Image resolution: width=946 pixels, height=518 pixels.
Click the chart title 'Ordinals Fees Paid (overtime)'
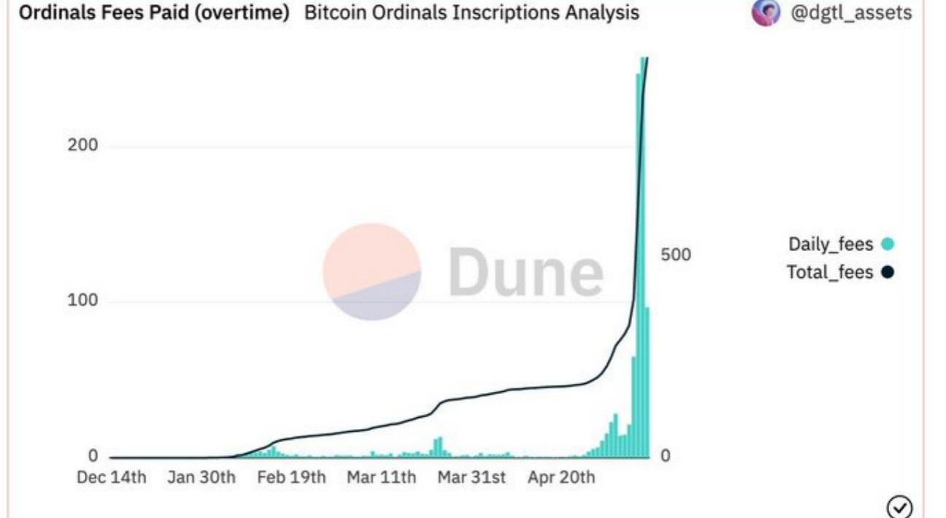(154, 12)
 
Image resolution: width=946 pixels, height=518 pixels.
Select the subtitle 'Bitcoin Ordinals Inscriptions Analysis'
(472, 12)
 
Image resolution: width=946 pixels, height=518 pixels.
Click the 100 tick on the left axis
(82, 301)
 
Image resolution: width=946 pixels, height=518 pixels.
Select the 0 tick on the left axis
(93, 456)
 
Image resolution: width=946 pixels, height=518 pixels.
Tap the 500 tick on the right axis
(675, 255)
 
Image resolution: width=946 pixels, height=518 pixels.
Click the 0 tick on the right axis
(664, 456)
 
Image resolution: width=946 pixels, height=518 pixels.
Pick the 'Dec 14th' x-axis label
(112, 478)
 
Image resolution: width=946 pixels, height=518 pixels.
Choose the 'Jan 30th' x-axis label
(201, 478)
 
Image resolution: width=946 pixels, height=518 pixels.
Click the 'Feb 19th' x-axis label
(291, 478)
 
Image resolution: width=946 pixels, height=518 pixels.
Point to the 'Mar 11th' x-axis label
(381, 478)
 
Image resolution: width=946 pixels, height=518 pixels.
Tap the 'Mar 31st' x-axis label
(471, 478)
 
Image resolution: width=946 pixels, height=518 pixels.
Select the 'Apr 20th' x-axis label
(561, 478)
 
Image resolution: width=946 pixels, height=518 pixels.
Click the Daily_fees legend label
(831, 244)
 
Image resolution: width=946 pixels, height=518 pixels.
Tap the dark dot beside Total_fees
(888, 272)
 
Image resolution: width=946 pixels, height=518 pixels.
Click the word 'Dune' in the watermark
(526, 271)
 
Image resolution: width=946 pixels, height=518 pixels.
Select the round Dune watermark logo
(372, 271)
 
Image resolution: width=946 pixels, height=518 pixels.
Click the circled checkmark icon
(899, 506)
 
